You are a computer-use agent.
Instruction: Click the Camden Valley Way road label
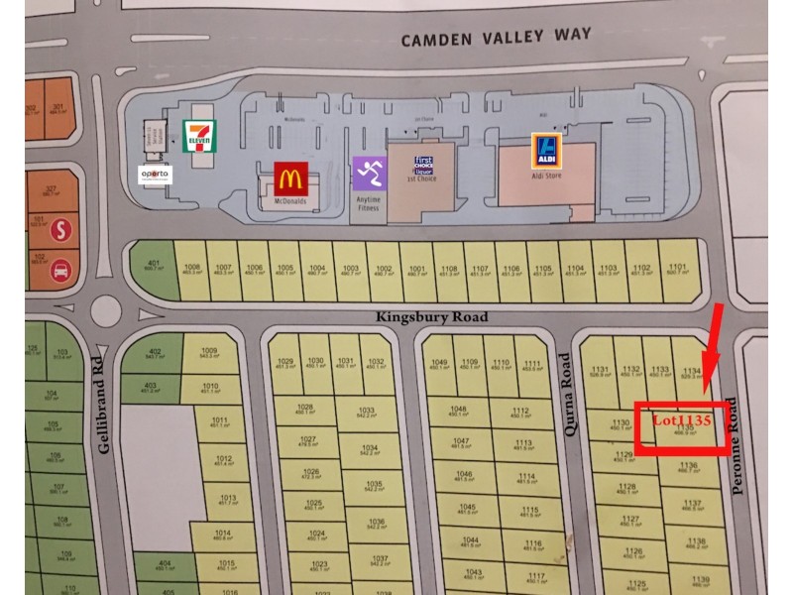point(496,39)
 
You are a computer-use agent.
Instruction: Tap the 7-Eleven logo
point(198,136)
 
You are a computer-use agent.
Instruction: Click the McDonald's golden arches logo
point(289,178)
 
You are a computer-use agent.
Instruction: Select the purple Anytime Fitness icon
point(368,173)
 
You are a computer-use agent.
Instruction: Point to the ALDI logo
point(544,149)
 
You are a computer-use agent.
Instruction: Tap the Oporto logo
point(155,175)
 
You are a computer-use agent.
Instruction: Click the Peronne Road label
point(735,446)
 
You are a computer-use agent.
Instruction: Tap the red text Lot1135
point(682,420)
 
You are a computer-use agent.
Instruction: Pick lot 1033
point(366,412)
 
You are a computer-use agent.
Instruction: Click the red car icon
point(61,268)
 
